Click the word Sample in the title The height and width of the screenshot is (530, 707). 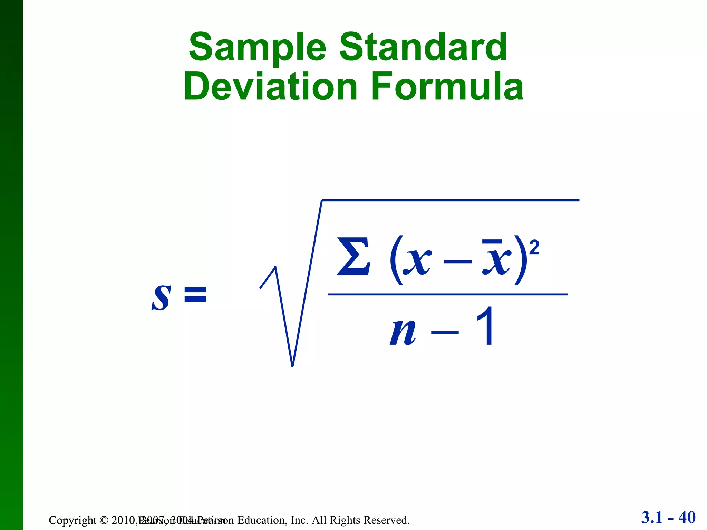click(x=257, y=48)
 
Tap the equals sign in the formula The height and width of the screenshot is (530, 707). click(x=195, y=295)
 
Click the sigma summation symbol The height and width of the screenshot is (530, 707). click(x=353, y=256)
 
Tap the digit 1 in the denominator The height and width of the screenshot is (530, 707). click(x=485, y=326)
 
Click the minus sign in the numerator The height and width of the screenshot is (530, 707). click(x=457, y=262)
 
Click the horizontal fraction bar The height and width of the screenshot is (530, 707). click(x=447, y=294)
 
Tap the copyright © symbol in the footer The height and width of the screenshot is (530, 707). click(x=104, y=520)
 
